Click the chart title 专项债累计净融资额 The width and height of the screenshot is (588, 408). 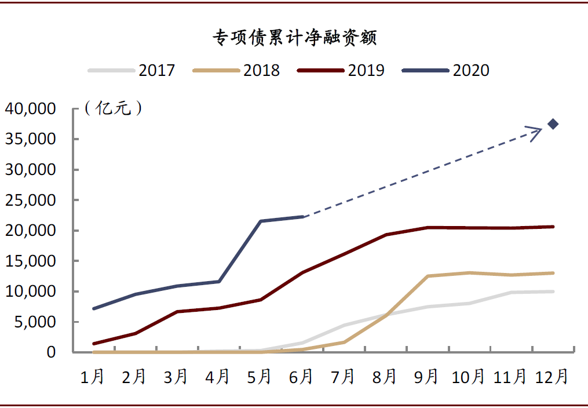[x=294, y=38]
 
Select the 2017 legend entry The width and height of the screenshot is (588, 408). [x=132, y=70]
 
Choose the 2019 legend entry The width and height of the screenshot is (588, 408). [x=341, y=70]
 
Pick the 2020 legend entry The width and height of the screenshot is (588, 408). [x=446, y=70]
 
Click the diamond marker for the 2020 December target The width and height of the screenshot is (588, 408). [x=553, y=123]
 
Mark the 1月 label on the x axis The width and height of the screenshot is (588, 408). [x=93, y=377]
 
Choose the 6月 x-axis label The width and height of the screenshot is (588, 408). [x=301, y=377]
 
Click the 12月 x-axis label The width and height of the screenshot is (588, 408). [x=552, y=377]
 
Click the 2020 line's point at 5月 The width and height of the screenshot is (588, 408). [x=261, y=221]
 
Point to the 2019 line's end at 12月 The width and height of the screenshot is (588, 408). [x=553, y=227]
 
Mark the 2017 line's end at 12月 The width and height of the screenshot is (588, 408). [x=553, y=292]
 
